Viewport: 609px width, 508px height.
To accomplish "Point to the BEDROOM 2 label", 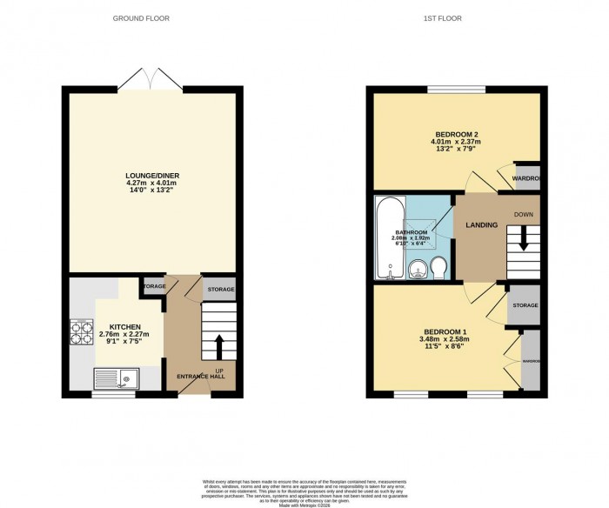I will click(458, 134).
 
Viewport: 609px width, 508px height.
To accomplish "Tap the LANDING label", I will click(481, 225).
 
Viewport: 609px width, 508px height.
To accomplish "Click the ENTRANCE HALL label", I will click(202, 376).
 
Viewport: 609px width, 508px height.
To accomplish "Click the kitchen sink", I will click(117, 378).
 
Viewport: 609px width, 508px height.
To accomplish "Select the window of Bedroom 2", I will click(456, 88).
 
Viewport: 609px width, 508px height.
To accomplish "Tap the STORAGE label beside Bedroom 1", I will click(525, 305).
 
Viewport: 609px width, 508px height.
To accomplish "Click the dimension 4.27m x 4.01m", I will click(150, 184).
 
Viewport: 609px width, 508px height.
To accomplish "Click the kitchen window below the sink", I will click(114, 394).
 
